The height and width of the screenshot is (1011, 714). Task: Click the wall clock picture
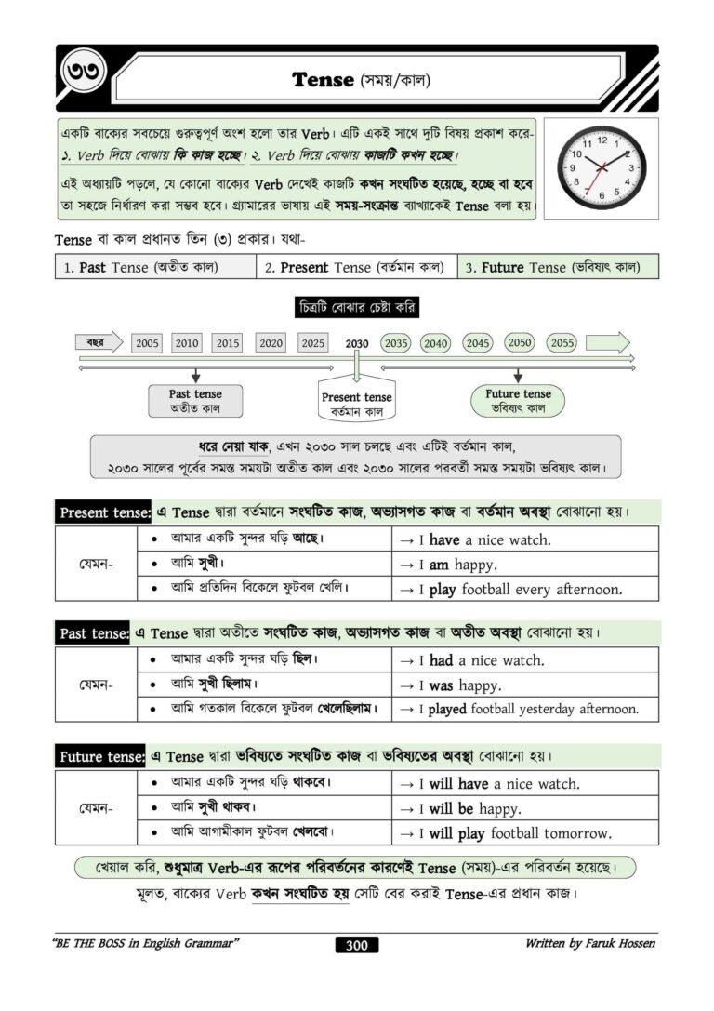click(x=601, y=168)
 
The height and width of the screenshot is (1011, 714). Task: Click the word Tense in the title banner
click(x=323, y=79)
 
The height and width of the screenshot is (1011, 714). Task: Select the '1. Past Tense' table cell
click(x=155, y=267)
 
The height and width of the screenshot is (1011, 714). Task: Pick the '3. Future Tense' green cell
click(x=558, y=267)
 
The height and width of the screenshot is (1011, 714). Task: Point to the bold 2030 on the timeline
click(x=357, y=343)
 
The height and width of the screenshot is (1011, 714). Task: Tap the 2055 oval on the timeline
click(x=562, y=342)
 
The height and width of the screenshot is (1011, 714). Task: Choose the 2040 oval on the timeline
click(x=436, y=343)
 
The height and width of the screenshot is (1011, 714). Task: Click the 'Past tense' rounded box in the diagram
click(x=195, y=401)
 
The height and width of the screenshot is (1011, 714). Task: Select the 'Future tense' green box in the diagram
click(x=518, y=401)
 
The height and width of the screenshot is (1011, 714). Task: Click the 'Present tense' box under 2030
click(x=357, y=402)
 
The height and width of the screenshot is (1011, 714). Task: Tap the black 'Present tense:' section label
click(x=103, y=512)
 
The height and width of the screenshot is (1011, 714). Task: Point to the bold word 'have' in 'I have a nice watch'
click(x=444, y=539)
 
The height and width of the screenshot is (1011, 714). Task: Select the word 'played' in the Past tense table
click(x=447, y=709)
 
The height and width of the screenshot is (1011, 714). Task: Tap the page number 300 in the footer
click(x=357, y=946)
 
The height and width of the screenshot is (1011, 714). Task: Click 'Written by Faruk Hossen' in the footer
click(x=589, y=944)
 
